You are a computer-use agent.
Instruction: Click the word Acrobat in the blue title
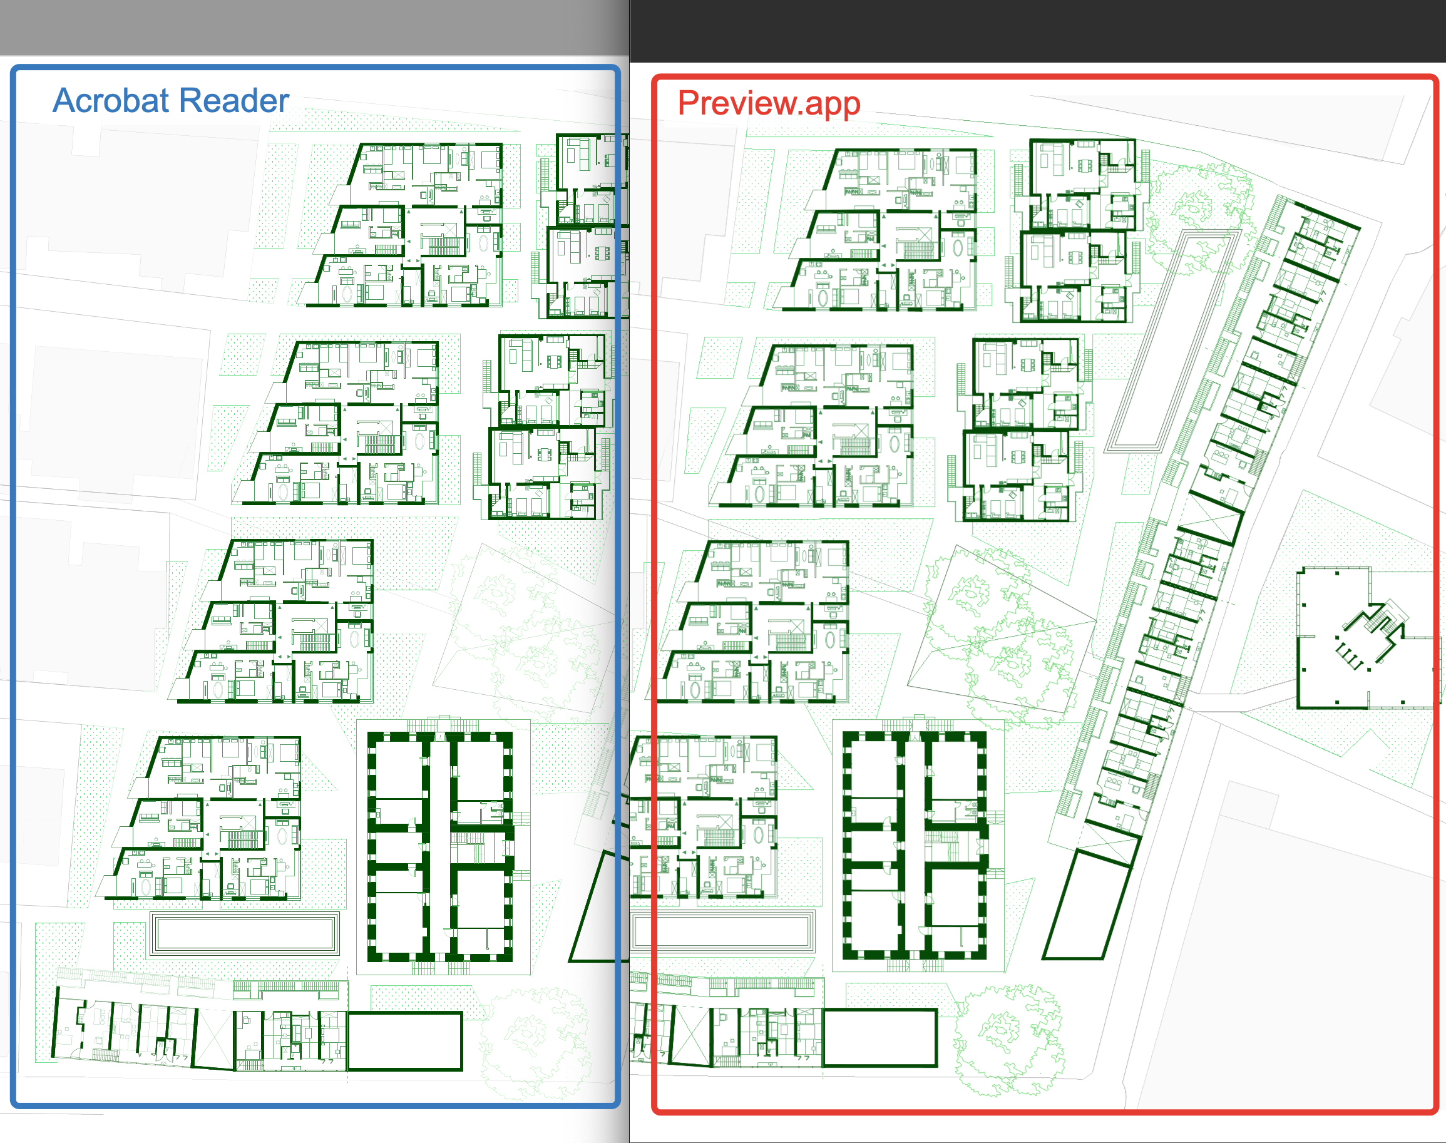coord(110,100)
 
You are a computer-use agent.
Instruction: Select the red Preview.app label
coord(769,104)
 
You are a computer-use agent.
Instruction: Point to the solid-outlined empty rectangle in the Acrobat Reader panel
coord(405,1041)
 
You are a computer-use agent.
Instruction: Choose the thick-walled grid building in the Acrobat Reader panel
coord(440,846)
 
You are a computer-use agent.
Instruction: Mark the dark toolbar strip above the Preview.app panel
coord(1038,31)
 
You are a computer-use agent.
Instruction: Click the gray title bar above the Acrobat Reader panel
coord(314,28)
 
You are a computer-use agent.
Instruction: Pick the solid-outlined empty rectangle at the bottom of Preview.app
coord(879,1038)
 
